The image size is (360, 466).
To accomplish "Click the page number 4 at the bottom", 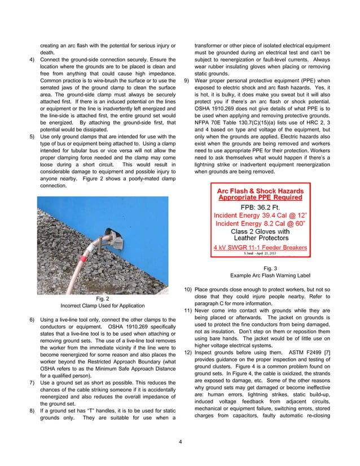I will click(179, 440).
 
